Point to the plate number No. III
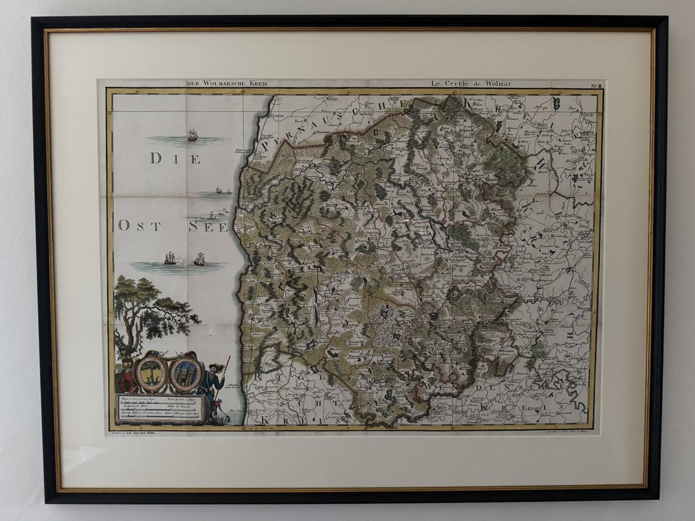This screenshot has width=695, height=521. coord(596,86)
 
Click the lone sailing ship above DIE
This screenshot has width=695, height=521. coord(192,135)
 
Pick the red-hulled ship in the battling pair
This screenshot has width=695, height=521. coord(199,259)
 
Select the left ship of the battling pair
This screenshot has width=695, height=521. coord(170,258)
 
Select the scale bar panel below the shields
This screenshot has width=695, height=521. coord(158,408)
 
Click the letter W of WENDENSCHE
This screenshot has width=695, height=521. coord(429,384)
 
